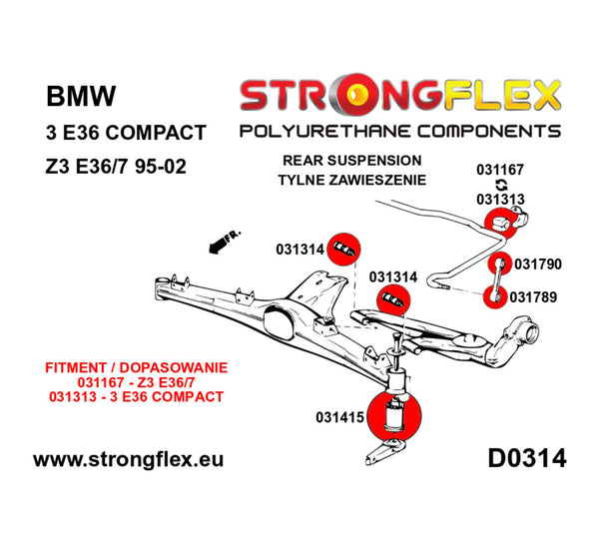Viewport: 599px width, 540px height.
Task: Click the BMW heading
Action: tap(81, 98)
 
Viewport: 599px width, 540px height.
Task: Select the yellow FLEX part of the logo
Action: tap(497, 96)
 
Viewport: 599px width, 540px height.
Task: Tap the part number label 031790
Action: tap(536, 264)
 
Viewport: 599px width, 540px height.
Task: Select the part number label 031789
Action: tap(534, 295)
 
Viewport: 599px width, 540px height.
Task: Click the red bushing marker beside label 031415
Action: tap(395, 418)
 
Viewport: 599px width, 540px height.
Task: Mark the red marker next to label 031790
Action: tap(499, 265)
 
